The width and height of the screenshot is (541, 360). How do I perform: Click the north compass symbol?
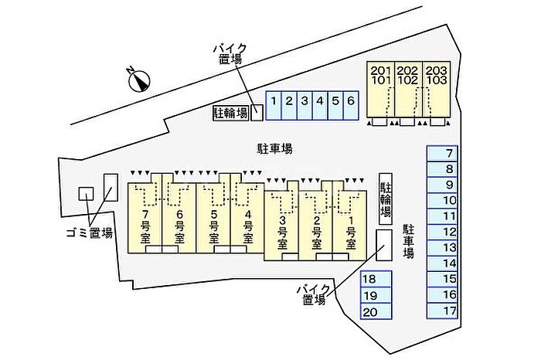139,80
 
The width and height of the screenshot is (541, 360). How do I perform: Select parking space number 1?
274,106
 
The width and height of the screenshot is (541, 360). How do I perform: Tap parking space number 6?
351,106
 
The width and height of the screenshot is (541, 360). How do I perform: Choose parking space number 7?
442,153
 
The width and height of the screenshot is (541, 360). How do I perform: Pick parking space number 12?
442,232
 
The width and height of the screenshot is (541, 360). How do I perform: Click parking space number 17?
442,311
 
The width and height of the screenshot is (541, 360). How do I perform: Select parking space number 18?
376,279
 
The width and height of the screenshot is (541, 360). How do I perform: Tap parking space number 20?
376,311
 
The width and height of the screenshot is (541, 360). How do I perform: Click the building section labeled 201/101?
380,89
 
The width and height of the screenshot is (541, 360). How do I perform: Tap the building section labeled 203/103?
437,89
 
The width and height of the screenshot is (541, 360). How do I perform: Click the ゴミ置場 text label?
90,233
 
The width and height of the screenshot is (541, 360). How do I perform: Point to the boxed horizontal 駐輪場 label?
230,113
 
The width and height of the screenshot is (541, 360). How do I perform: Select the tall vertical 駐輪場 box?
386,199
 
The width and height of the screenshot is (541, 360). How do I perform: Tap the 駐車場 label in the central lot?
275,148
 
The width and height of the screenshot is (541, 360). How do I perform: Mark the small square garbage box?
86,193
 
